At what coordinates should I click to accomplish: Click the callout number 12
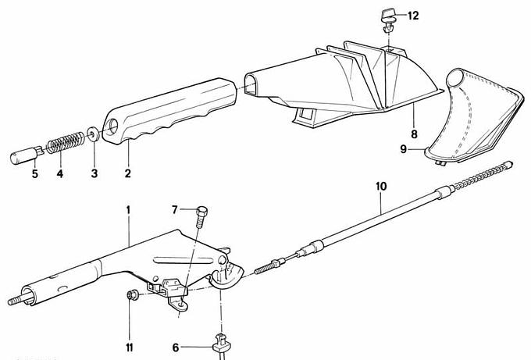[412, 15]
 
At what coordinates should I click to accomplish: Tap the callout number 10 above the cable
[381, 187]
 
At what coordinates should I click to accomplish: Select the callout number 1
[130, 210]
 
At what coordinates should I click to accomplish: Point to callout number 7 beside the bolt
[176, 209]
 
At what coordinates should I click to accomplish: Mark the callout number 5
[34, 173]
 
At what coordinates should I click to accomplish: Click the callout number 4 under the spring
[59, 173]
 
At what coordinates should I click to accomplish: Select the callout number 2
[127, 173]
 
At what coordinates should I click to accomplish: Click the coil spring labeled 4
[66, 144]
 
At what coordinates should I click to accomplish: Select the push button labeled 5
[23, 153]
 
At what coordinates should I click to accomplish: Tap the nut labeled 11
[132, 294]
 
